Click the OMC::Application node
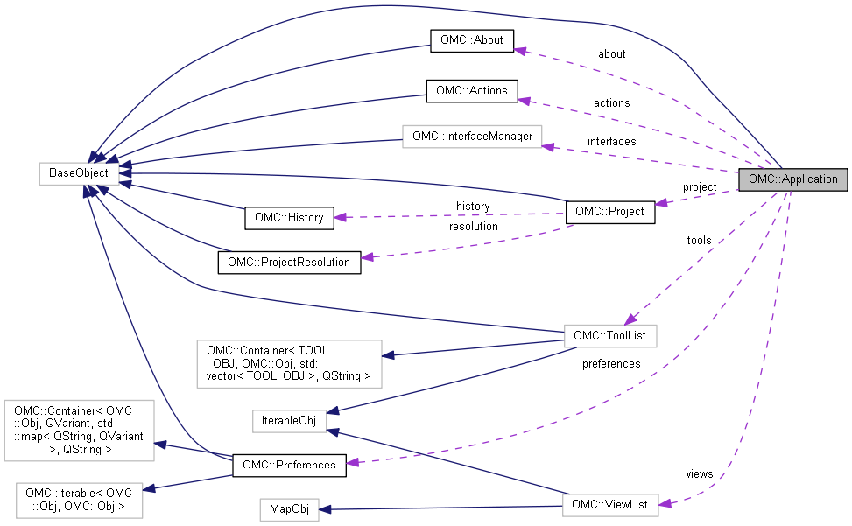click(793, 179)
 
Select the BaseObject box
click(79, 173)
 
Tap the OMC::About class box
click(471, 40)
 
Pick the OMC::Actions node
click(472, 90)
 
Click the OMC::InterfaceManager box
click(472, 137)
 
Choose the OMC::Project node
click(610, 211)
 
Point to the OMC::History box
click(288, 218)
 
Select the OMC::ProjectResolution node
click(289, 262)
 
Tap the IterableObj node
click(289, 421)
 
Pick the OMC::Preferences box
click(289, 466)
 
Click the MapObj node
click(289, 508)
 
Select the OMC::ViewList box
click(609, 505)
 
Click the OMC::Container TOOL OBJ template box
click(288, 363)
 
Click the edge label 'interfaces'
click(611, 142)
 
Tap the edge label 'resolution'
click(473, 227)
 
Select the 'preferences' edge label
click(611, 363)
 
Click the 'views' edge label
click(699, 474)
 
